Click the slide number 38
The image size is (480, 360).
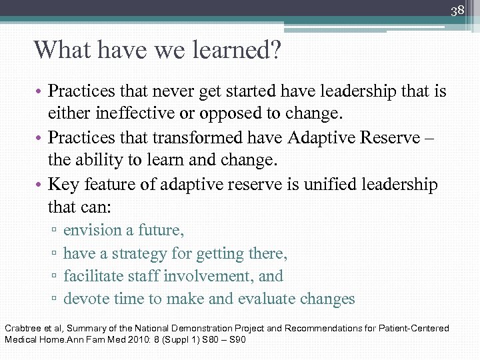pyautogui.click(x=457, y=11)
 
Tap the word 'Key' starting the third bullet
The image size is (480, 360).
pyautogui.click(x=63, y=184)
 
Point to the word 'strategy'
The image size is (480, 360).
pyautogui.click(x=142, y=253)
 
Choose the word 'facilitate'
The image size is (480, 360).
pyautogui.click(x=93, y=276)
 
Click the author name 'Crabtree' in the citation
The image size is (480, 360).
pyautogui.click(x=22, y=329)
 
